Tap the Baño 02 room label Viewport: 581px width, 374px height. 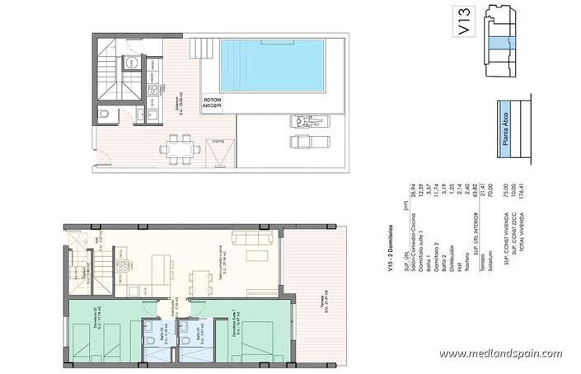coord(152,334)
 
